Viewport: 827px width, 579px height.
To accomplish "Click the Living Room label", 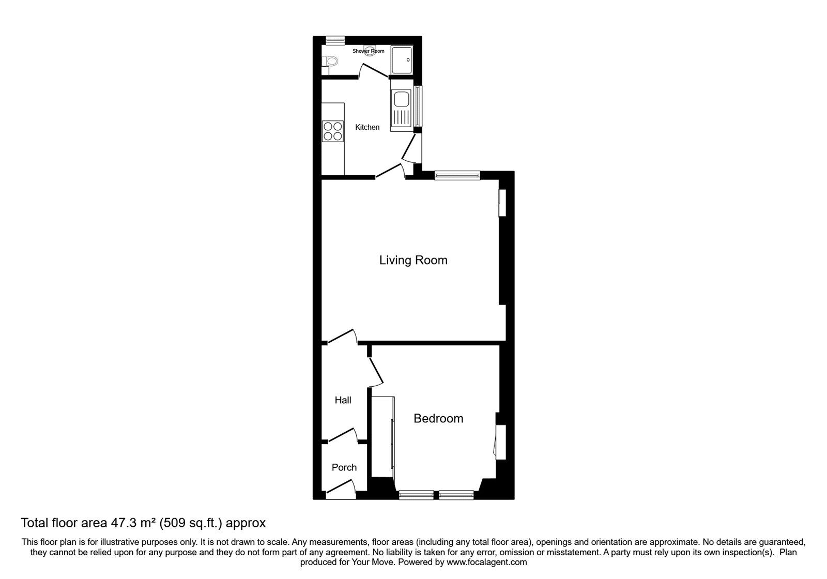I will tap(413, 260).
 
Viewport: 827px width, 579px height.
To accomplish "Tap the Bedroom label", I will tap(438, 418).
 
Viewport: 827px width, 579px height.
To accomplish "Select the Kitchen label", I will tap(367, 127).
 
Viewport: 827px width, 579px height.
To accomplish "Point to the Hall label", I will tap(343, 400).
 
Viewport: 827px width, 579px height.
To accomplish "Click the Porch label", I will tap(344, 467).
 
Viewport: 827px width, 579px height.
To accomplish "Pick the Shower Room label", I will tap(368, 51).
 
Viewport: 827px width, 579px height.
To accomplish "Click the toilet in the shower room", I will tap(330, 62).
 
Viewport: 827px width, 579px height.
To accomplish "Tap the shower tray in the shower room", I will tap(402, 59).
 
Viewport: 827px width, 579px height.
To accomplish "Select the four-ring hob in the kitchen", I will tap(333, 131).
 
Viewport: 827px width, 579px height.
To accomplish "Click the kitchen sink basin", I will tap(401, 99).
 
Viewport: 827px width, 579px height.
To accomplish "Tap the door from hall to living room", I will tap(342, 336).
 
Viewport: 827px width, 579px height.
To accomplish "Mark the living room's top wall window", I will tap(457, 176).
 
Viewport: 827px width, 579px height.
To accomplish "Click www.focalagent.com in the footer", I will tap(486, 562).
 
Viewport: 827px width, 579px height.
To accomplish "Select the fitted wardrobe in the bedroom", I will tap(383, 437).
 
